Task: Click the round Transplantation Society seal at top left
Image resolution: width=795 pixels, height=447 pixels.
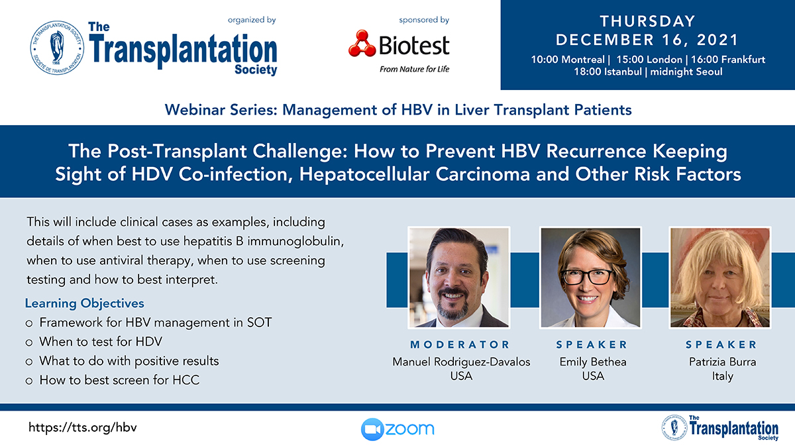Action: pyautogui.click(x=57, y=48)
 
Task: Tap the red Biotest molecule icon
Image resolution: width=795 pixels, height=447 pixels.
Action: pyautogui.click(x=362, y=44)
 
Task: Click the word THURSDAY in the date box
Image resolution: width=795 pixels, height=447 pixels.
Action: pyautogui.click(x=647, y=21)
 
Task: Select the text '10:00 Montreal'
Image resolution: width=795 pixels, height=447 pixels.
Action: pyautogui.click(x=568, y=59)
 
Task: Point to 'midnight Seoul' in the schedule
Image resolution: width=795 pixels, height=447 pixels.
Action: pyautogui.click(x=686, y=72)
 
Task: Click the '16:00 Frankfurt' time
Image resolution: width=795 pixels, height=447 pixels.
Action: pyautogui.click(x=728, y=59)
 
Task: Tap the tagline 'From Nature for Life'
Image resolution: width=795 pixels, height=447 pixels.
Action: pyautogui.click(x=414, y=69)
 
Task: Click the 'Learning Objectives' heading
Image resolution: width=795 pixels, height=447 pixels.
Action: pyautogui.click(x=85, y=303)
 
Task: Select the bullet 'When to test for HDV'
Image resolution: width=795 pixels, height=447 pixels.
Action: pyautogui.click(x=101, y=342)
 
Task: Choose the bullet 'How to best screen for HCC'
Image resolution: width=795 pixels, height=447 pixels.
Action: pyautogui.click(x=119, y=380)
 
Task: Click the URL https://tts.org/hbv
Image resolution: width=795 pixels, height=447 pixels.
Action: pyautogui.click(x=82, y=428)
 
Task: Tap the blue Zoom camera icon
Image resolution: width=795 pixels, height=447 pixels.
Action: pyautogui.click(x=372, y=429)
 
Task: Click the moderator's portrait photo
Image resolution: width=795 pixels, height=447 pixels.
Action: pyautogui.click(x=459, y=277)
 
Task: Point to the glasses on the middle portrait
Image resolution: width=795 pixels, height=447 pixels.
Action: pyautogui.click(x=588, y=277)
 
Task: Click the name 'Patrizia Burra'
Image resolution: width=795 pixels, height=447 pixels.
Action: pyautogui.click(x=722, y=362)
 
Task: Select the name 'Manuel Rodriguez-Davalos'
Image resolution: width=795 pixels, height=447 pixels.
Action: pyautogui.click(x=461, y=362)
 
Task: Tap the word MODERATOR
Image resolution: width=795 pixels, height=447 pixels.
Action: pyautogui.click(x=460, y=344)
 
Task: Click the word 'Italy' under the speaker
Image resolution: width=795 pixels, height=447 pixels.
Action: pyautogui.click(x=722, y=376)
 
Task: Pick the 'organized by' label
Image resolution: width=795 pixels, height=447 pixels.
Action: pyautogui.click(x=252, y=20)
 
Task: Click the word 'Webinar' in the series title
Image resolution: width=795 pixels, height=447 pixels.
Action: pyautogui.click(x=195, y=110)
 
